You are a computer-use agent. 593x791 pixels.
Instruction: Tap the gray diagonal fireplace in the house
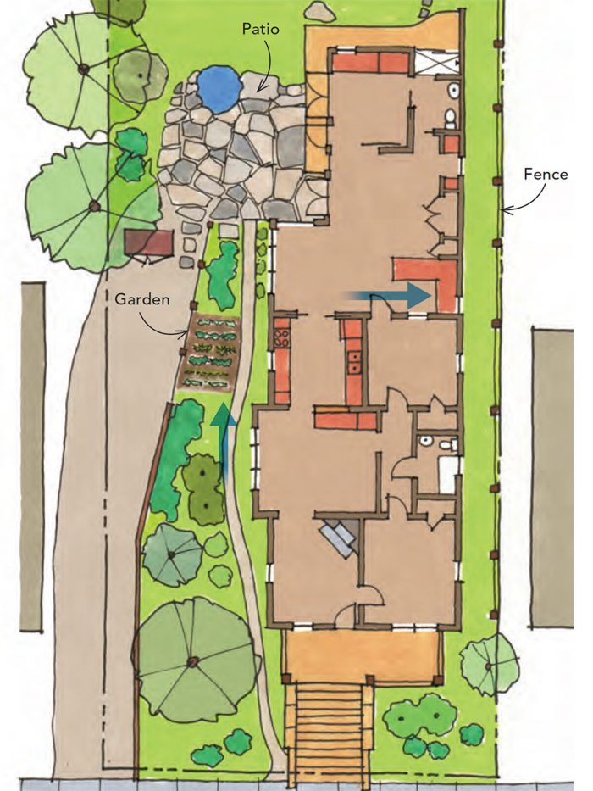pos(339,538)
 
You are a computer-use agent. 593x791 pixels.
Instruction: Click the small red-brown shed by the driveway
pos(148,244)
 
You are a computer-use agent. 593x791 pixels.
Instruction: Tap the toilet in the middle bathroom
pos(429,443)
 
